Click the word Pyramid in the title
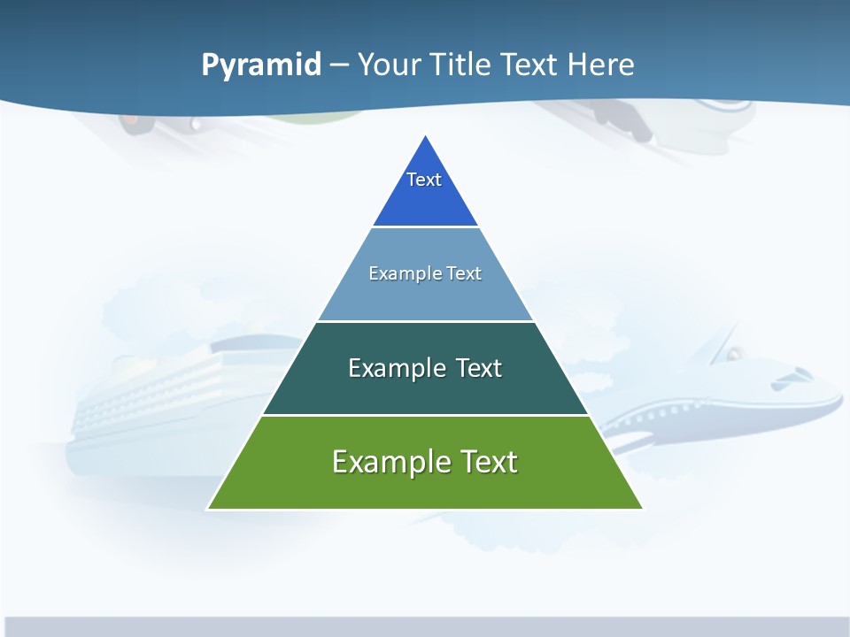pyautogui.click(x=261, y=65)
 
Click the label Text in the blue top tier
pyautogui.click(x=424, y=180)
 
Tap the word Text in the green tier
pyautogui.click(x=487, y=462)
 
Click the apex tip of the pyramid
pyautogui.click(x=426, y=137)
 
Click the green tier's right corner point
pyautogui.click(x=642, y=509)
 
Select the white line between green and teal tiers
pyautogui.click(x=425, y=415)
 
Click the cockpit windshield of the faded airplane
pyautogui.click(x=793, y=376)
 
